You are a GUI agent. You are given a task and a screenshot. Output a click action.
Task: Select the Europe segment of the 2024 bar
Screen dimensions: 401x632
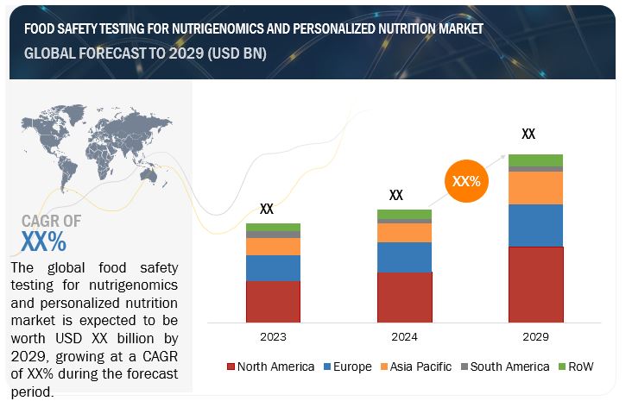404,257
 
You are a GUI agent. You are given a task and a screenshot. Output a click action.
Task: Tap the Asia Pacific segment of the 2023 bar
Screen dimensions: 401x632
273,247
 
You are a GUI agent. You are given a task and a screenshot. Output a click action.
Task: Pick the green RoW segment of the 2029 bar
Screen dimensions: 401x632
535,160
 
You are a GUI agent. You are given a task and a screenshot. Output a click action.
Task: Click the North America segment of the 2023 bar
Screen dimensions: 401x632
273,300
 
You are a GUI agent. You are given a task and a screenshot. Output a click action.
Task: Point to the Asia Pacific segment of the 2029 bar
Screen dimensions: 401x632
535,187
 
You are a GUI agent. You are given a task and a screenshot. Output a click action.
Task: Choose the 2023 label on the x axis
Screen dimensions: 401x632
273,337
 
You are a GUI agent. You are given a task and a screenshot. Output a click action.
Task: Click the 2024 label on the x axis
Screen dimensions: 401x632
404,337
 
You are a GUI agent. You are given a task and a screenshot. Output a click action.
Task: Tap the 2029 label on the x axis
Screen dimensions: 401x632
535,337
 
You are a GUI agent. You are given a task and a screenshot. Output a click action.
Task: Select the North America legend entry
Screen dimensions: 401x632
270,367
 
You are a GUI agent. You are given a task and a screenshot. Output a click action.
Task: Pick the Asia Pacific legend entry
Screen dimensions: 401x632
415,367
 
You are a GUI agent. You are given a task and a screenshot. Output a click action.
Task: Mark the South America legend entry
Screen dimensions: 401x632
503,367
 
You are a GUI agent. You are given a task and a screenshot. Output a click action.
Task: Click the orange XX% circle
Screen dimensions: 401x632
466,182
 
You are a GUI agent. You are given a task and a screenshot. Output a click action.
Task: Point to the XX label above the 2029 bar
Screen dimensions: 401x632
528,135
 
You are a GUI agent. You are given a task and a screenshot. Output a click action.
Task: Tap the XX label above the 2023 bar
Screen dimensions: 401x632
267,209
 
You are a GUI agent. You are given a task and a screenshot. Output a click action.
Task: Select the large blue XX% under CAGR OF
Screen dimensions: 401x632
43,241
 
